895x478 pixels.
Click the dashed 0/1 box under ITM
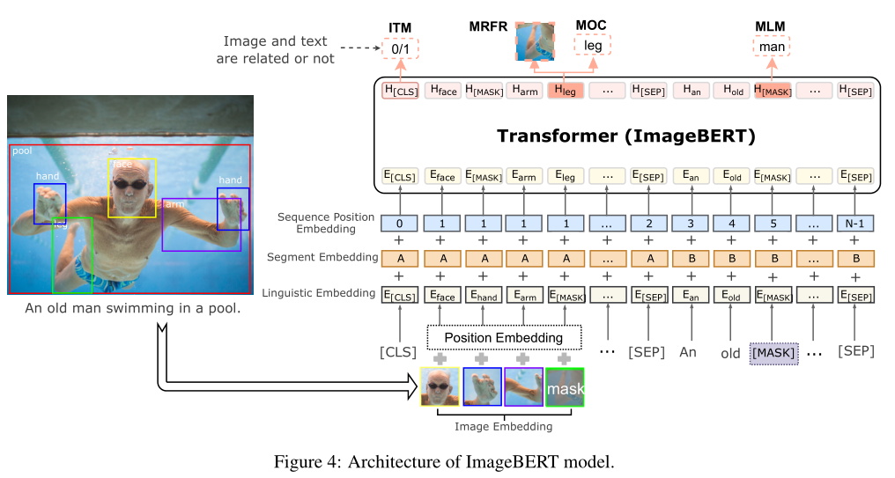click(400, 48)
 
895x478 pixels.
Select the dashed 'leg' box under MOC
click(593, 45)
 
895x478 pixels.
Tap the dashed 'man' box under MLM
click(772, 46)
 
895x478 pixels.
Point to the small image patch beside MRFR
click(536, 41)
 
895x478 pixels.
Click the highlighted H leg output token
click(566, 91)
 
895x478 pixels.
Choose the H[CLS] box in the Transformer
click(400, 91)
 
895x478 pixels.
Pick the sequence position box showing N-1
click(855, 224)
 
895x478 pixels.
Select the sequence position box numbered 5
click(773, 224)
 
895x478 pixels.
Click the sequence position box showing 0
click(400, 224)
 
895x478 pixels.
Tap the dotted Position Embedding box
click(504, 338)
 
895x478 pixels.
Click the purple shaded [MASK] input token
click(773, 353)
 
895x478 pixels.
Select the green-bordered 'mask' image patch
click(565, 387)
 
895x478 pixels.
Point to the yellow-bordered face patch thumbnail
click(440, 386)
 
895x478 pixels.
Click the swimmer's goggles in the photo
click(131, 184)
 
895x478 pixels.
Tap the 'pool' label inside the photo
click(22, 151)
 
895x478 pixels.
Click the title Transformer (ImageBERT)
click(626, 136)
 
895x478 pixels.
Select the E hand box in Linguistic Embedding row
click(484, 296)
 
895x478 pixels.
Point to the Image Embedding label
click(504, 426)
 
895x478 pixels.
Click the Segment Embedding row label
click(322, 257)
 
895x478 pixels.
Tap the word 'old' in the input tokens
click(730, 353)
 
